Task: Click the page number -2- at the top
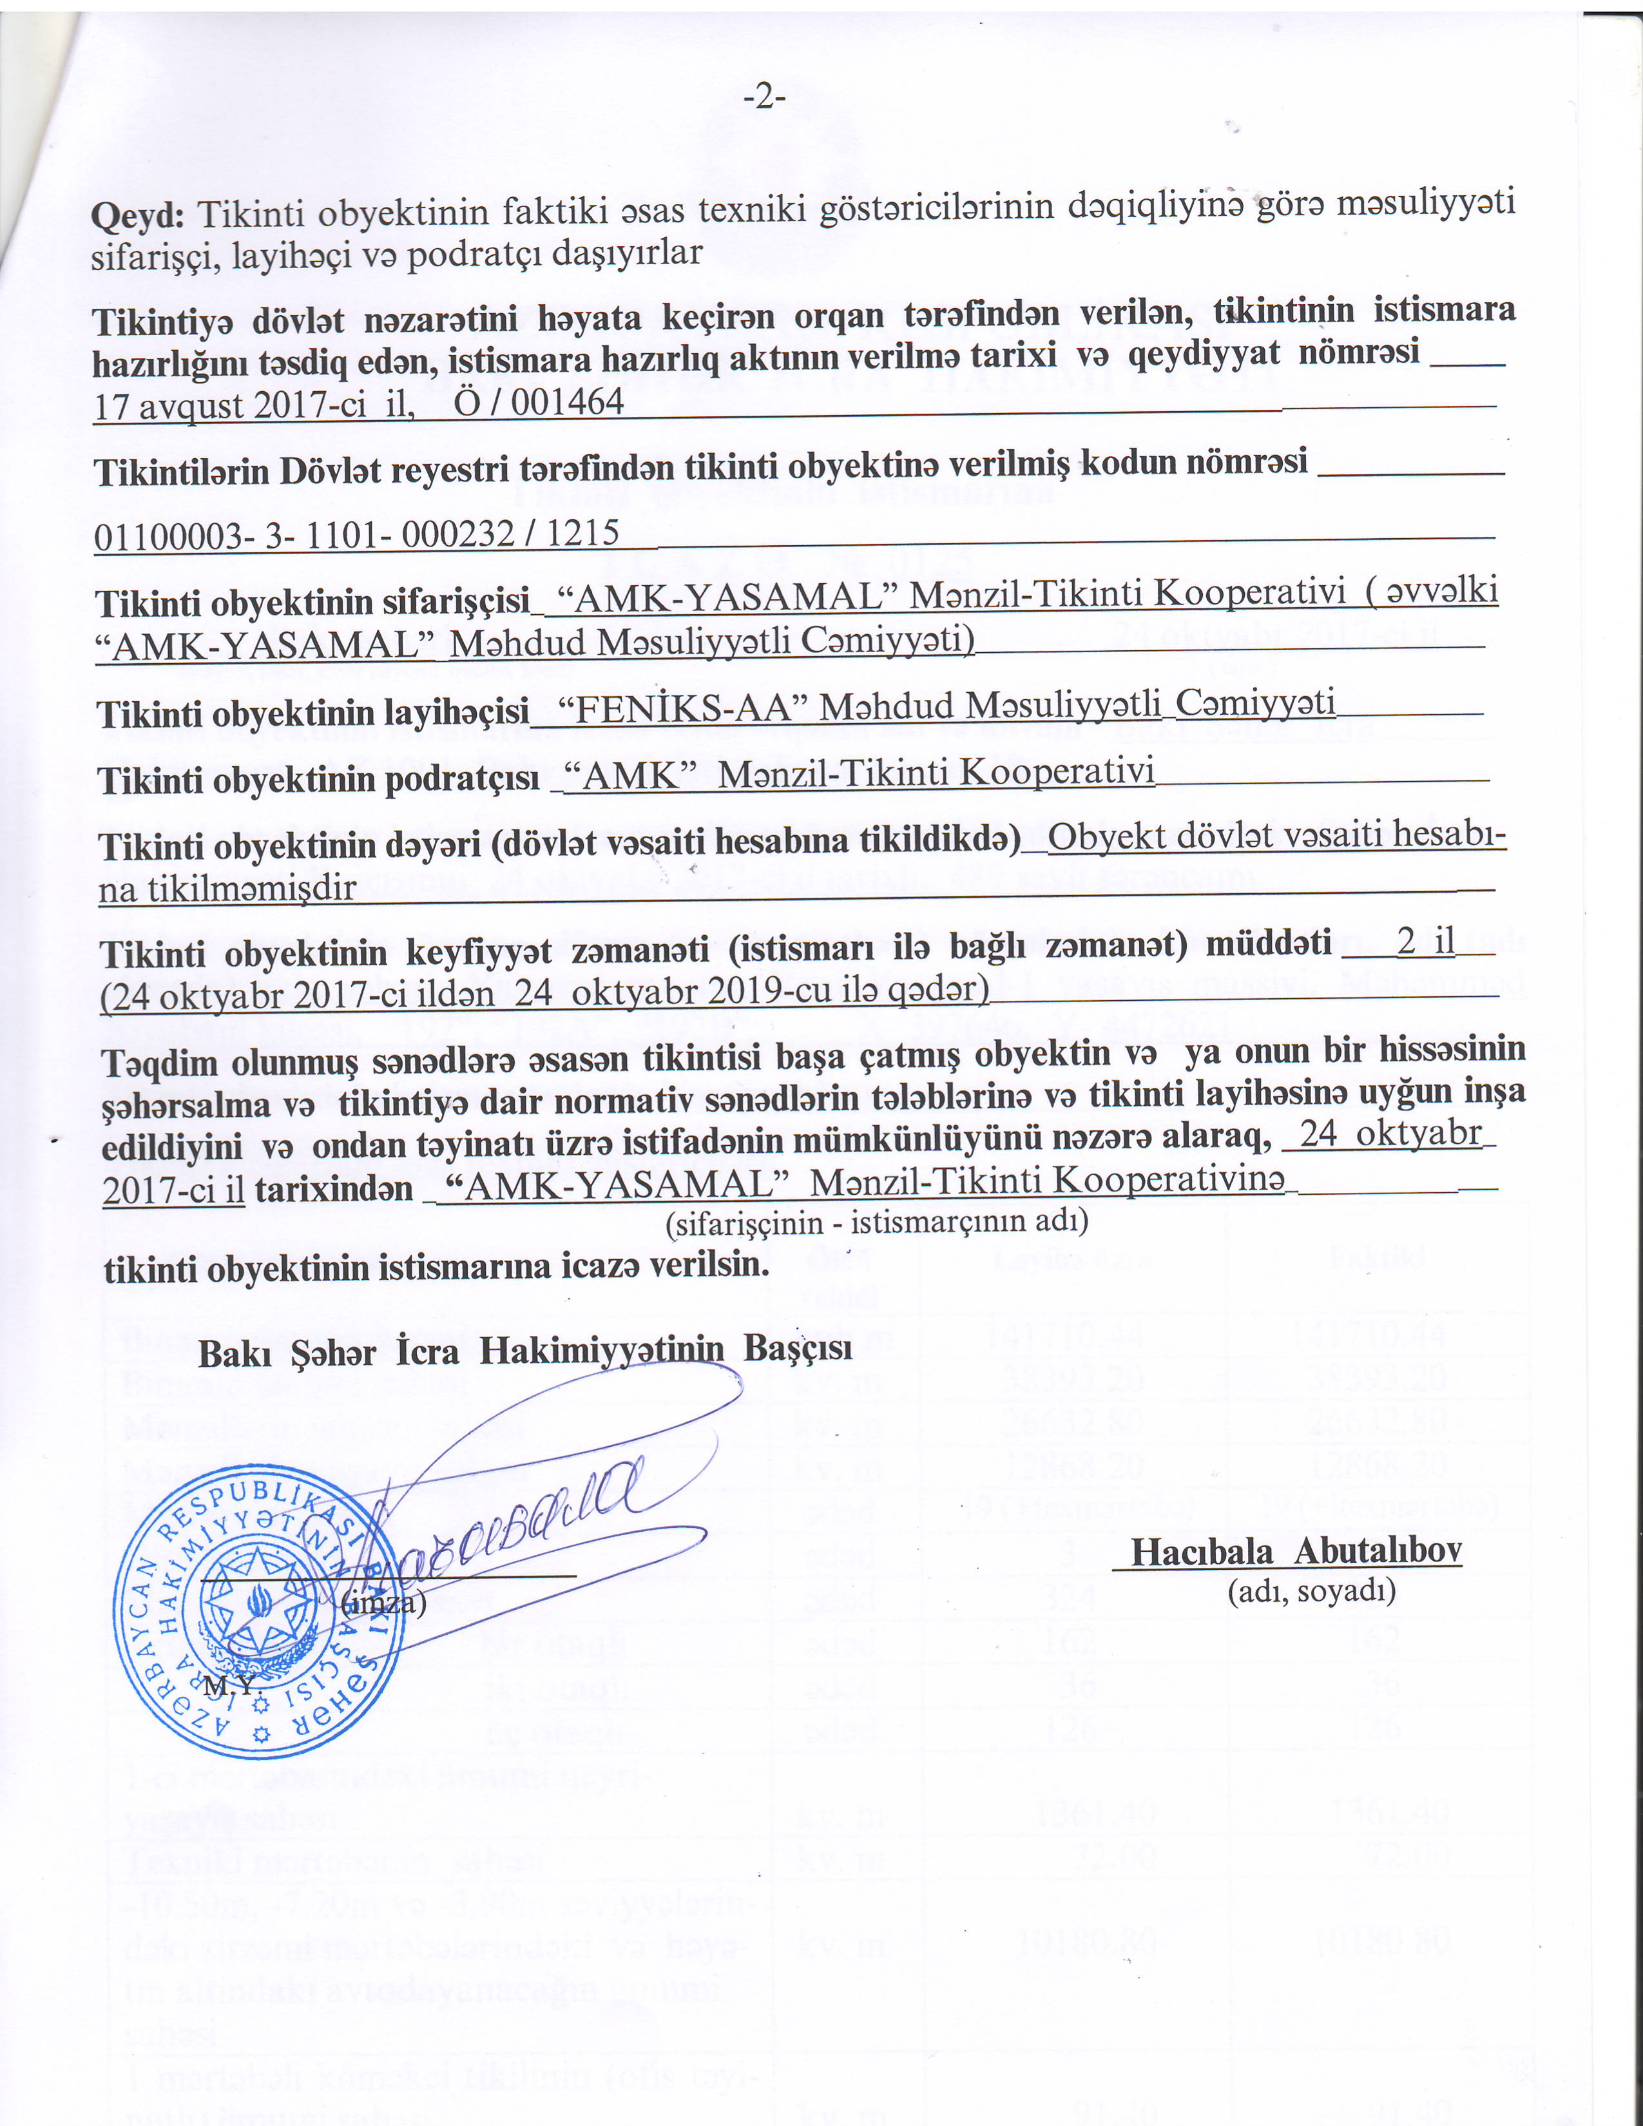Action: (764, 99)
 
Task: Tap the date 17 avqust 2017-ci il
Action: (254, 405)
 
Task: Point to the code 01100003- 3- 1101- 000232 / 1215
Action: (356, 534)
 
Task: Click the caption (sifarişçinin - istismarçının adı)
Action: (876, 1222)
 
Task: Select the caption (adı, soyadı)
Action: (1311, 1590)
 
